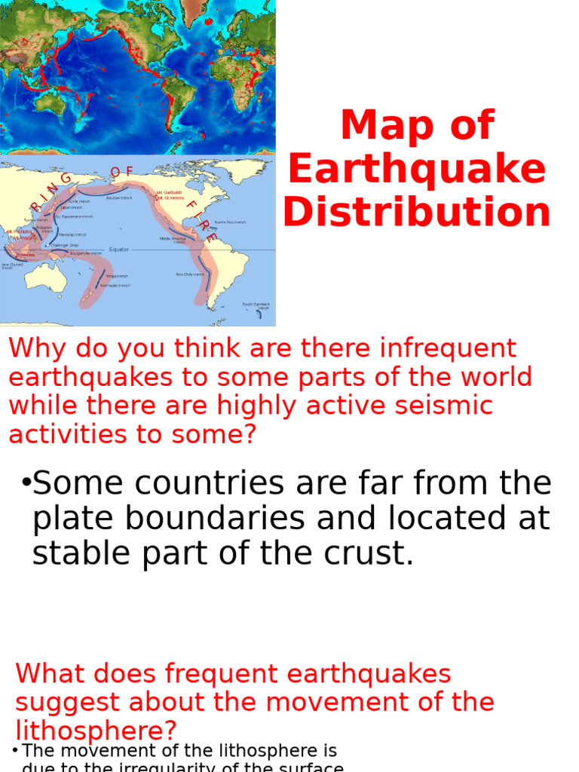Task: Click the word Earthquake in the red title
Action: [x=417, y=169]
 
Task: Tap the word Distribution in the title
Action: [x=417, y=212]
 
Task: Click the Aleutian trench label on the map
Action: [x=118, y=198]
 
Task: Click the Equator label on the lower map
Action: [x=119, y=249]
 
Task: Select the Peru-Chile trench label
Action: [x=190, y=274]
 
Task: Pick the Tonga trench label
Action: [x=116, y=277]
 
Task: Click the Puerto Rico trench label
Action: [x=230, y=222]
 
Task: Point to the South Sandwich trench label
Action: [x=256, y=306]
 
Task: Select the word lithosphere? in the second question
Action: [x=96, y=730]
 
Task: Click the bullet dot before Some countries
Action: [x=26, y=483]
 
